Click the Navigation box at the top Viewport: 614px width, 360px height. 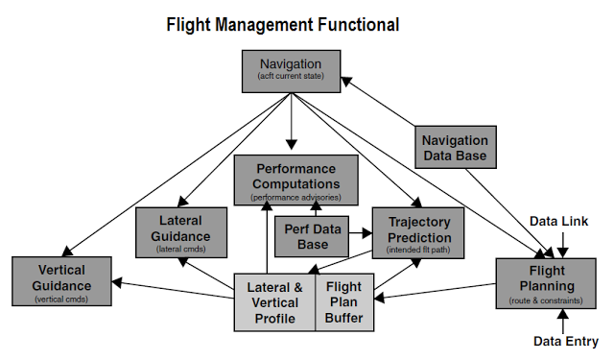tap(291, 70)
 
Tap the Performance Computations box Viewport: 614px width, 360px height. tap(295, 179)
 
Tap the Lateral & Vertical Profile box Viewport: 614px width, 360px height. tap(274, 301)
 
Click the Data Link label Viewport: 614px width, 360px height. tap(565, 222)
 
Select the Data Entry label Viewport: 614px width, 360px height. tap(566, 341)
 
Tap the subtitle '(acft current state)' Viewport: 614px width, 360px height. tap(291, 77)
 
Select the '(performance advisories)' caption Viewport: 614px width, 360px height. tap(295, 196)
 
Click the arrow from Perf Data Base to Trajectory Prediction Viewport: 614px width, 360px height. tap(360, 231)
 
